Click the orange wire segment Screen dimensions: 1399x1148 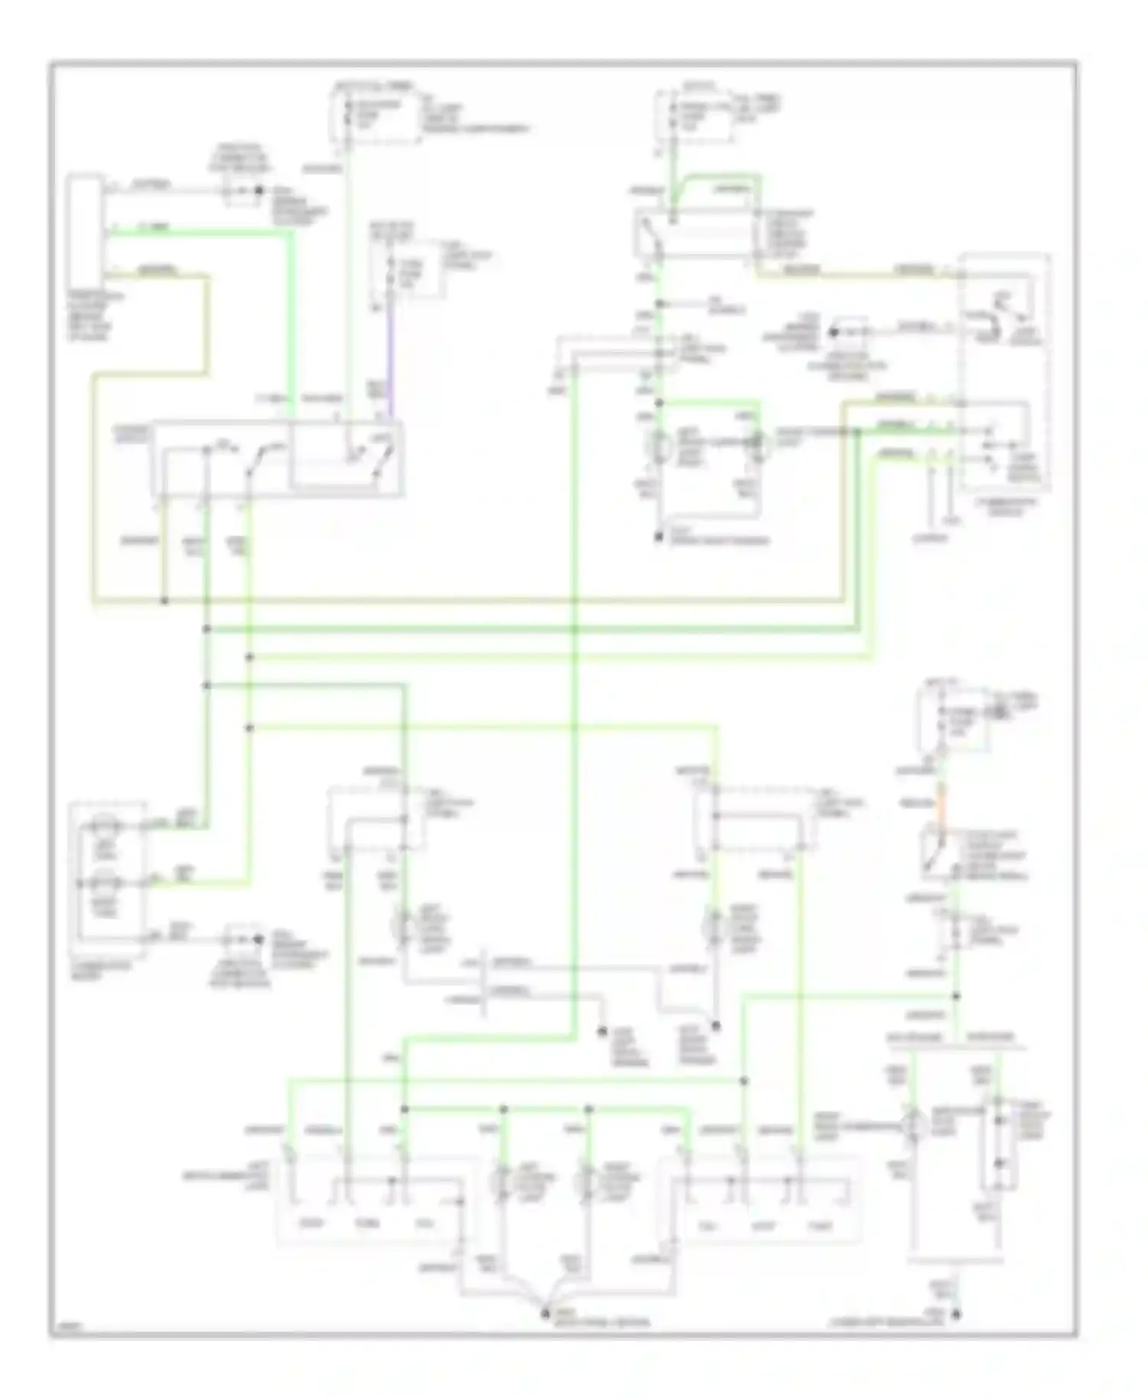point(942,804)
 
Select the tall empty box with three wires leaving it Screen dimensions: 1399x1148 point(83,227)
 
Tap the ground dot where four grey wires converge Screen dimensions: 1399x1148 point(546,1314)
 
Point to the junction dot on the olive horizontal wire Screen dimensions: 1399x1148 point(164,601)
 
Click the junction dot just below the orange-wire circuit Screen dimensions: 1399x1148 point(956,996)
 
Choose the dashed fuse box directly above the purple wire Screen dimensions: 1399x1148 point(406,269)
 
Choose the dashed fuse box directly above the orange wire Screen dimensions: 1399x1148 point(951,719)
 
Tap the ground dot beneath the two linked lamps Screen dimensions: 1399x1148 point(657,537)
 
